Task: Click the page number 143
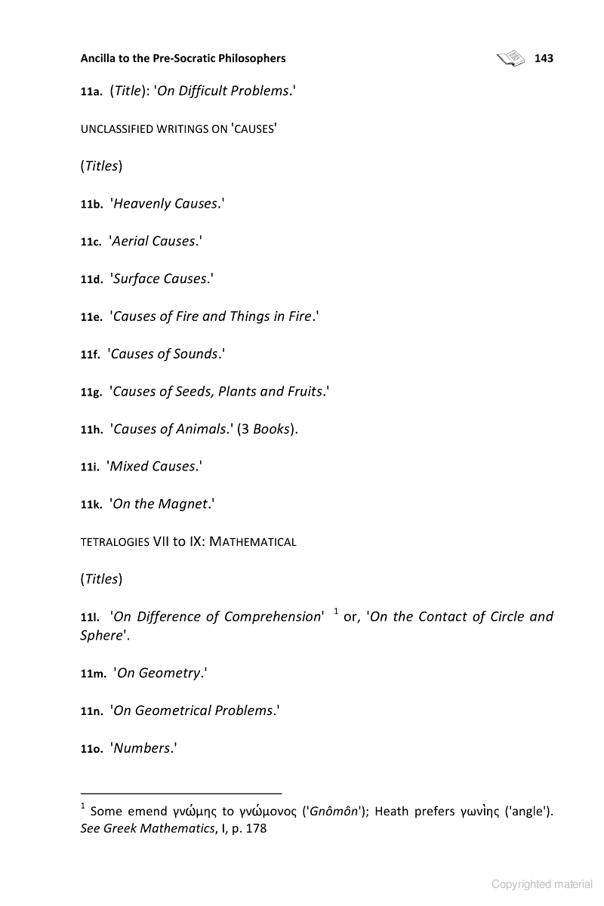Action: (544, 58)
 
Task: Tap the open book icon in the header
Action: (511, 58)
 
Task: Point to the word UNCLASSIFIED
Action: (112, 129)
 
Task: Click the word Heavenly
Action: (141, 204)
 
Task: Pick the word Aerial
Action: (131, 242)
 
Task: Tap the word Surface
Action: (136, 279)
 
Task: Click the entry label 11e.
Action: (91, 318)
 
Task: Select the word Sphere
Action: (101, 636)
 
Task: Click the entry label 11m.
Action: (93, 674)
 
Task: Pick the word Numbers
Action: (141, 748)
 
